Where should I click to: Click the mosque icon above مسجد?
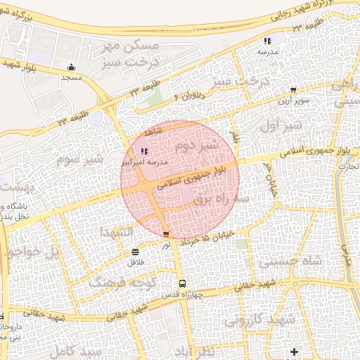click(x=71, y=67)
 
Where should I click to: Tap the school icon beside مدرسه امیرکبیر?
click(x=144, y=151)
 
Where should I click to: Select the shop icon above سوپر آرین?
click(x=293, y=90)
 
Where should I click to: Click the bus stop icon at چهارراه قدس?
click(x=183, y=283)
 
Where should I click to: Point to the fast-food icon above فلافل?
click(x=134, y=252)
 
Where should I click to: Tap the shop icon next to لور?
click(x=166, y=234)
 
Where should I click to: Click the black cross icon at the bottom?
click(x=294, y=351)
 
